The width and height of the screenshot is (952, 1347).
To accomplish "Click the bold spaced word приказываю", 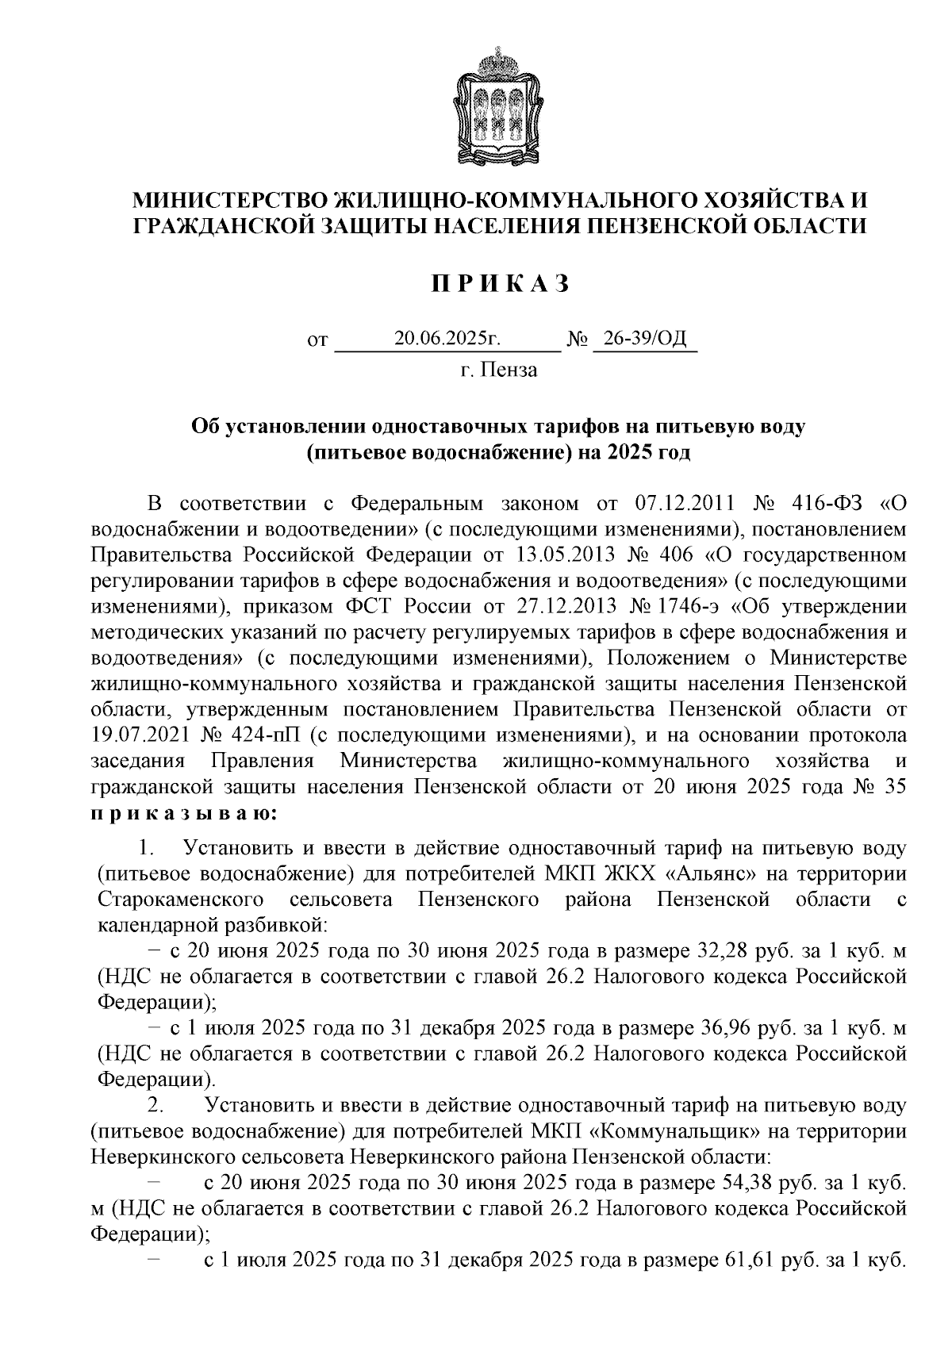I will tap(184, 814).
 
